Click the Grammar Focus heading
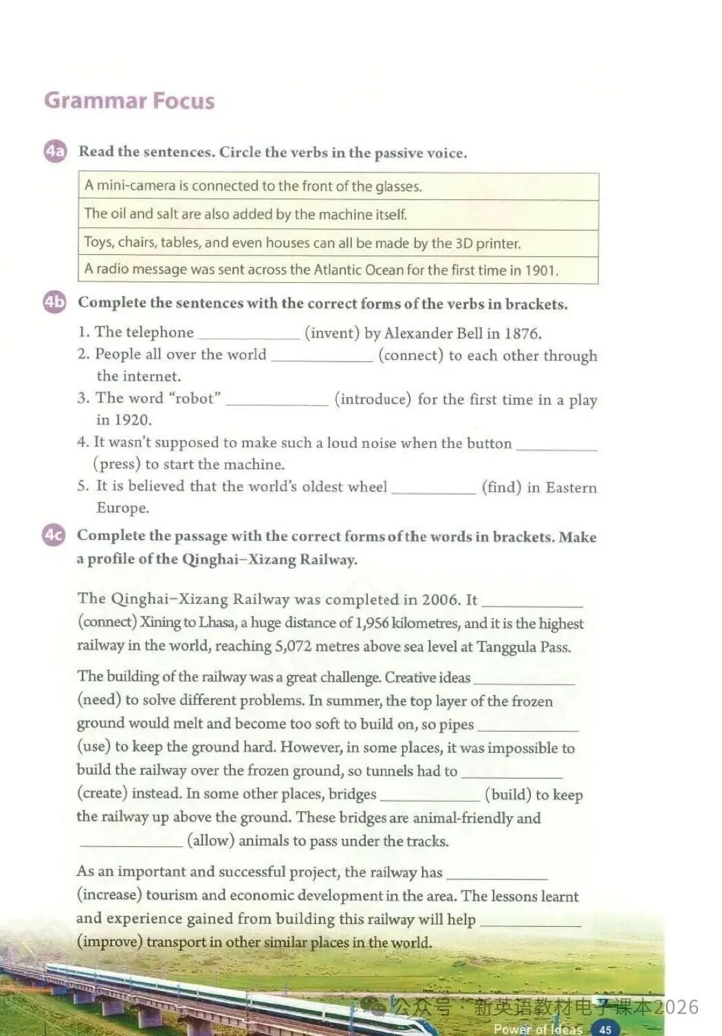tap(129, 101)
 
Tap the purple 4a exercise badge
tap(55, 151)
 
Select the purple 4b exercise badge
tap(54, 302)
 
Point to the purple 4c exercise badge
tap(54, 535)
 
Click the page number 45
tap(605, 1029)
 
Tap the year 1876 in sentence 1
tap(522, 334)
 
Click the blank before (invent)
tap(249, 335)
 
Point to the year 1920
tap(133, 420)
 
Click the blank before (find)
tap(433, 488)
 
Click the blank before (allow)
tap(131, 842)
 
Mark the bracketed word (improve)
tap(110, 942)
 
